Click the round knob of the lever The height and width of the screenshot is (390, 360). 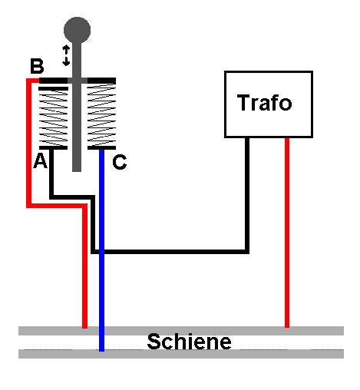[x=77, y=30]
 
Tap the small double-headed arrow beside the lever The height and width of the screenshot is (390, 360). [x=66, y=55]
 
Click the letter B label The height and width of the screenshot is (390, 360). [x=37, y=66]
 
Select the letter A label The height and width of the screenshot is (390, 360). [x=41, y=160]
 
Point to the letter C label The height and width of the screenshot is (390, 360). [x=120, y=162]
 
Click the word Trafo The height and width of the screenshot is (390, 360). [x=264, y=103]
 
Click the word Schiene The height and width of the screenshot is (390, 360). [x=189, y=342]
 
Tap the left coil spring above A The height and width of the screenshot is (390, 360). [x=53, y=118]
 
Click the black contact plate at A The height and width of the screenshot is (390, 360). [x=53, y=147]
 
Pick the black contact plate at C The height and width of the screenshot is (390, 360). [x=101, y=147]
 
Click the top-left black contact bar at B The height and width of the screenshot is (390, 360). [x=53, y=81]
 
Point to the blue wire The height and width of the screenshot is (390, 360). [x=101, y=250]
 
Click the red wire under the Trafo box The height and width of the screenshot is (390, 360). [x=287, y=233]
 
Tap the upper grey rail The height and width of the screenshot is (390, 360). [x=181, y=331]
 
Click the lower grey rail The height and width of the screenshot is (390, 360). [x=181, y=354]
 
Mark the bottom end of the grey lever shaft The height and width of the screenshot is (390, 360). [x=77, y=170]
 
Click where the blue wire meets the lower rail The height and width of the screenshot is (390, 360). [x=101, y=351]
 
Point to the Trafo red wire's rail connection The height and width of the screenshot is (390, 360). [x=287, y=327]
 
